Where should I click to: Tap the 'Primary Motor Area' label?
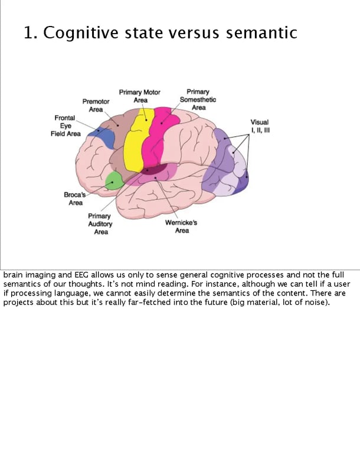coord(140,96)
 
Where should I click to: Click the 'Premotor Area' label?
coord(96,105)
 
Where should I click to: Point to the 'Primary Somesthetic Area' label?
coord(198,99)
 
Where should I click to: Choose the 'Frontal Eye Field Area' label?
coord(65,126)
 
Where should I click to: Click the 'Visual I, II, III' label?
coord(260,126)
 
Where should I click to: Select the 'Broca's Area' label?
coord(76,198)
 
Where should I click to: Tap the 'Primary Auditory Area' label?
coord(100,224)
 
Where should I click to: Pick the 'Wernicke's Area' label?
coord(181,226)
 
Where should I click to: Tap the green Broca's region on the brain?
coord(114,180)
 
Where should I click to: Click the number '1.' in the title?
coord(31,33)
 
